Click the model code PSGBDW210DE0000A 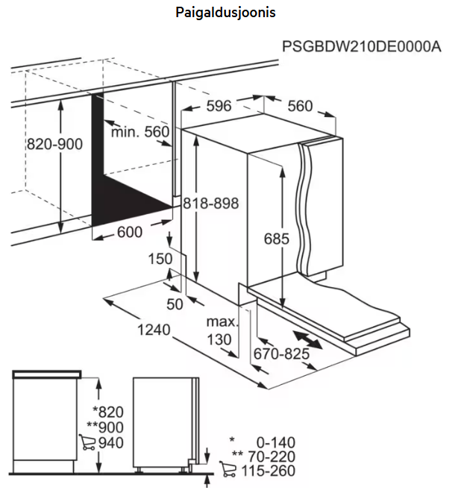[362, 47]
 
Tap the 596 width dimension [219, 106]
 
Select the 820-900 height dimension [54, 143]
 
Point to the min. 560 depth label [140, 132]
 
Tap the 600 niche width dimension [129, 233]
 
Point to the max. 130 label [222, 331]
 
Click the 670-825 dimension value [281, 354]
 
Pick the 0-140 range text [273, 442]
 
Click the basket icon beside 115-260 [228, 470]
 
